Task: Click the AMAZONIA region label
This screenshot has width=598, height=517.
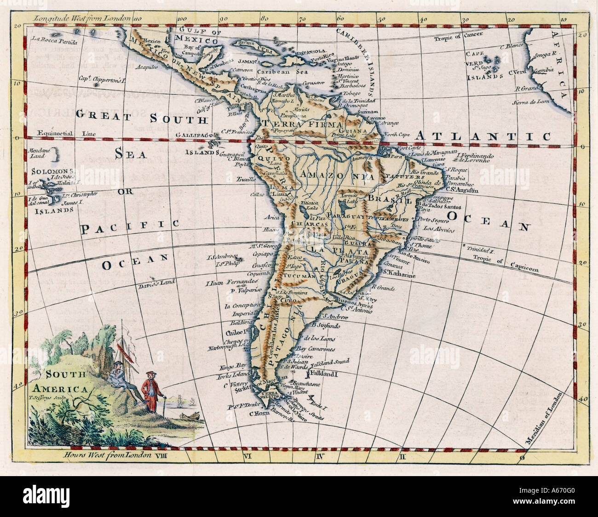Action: [x=336, y=176]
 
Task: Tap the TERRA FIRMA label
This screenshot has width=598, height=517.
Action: [x=302, y=124]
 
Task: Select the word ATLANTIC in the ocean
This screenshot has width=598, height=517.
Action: [x=483, y=136]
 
